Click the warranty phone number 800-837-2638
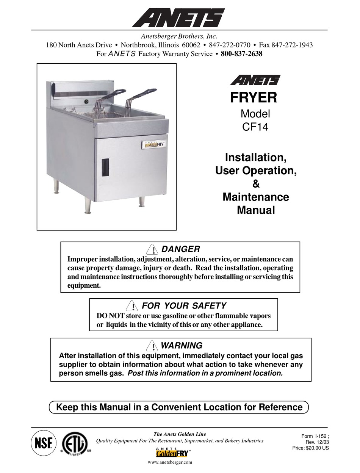(x=241, y=54)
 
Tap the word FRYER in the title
(x=254, y=97)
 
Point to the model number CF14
(x=255, y=127)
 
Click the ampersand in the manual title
(x=256, y=184)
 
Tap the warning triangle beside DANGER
(x=152, y=249)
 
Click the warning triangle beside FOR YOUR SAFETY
(x=132, y=306)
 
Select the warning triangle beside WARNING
(x=152, y=346)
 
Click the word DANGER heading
(x=180, y=249)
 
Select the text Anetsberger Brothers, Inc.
(x=179, y=36)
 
